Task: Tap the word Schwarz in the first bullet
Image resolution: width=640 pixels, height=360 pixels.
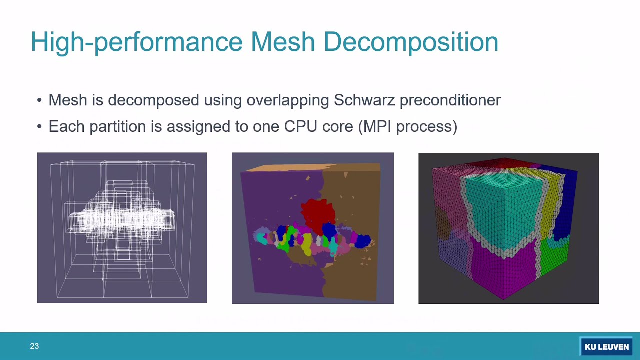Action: point(364,100)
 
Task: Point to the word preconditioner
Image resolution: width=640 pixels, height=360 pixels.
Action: point(450,100)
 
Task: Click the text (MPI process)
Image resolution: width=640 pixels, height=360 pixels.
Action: point(407,126)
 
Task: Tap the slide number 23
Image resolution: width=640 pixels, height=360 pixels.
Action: point(34,346)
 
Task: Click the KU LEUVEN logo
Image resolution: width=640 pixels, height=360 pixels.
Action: point(606,347)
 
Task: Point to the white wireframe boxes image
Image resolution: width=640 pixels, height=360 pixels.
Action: point(122,228)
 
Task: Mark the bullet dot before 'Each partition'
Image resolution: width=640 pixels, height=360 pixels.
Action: point(40,127)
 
